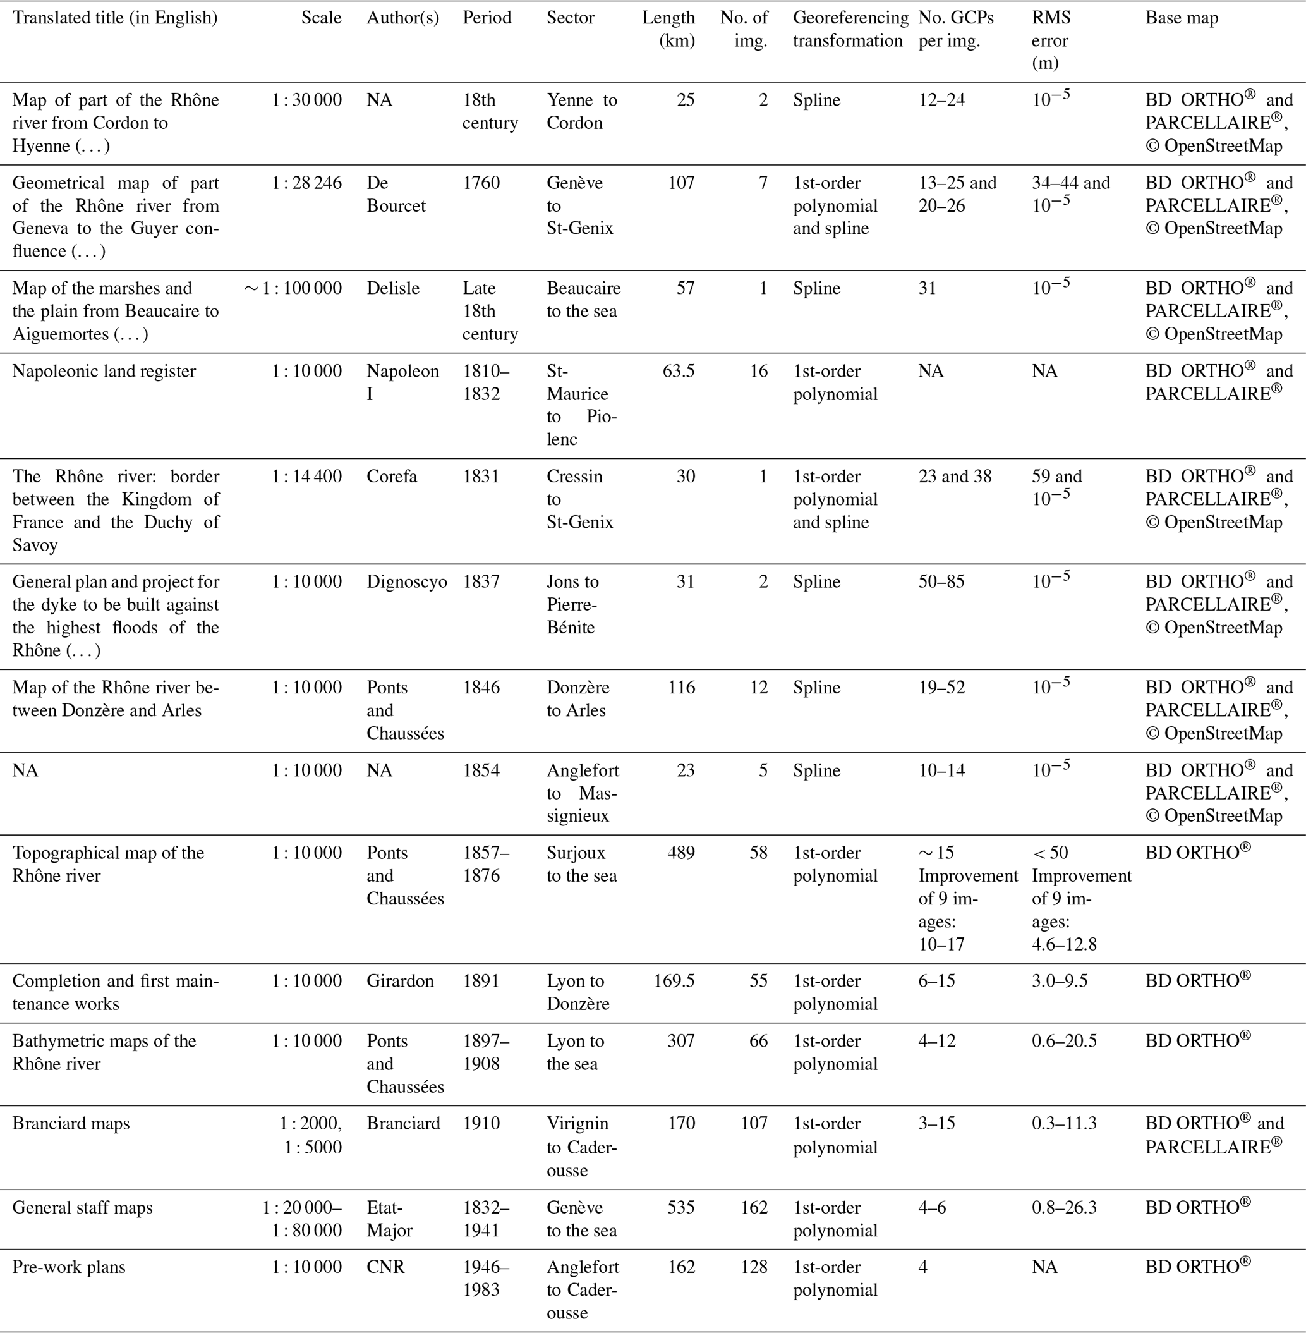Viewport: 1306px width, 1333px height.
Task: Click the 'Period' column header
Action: [x=487, y=18]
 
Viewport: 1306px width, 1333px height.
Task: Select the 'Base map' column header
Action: [x=1181, y=18]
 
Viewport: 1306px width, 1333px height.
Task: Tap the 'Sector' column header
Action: [x=570, y=18]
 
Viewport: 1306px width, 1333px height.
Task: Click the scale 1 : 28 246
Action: [x=306, y=183]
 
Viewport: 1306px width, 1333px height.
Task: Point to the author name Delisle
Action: [x=392, y=288]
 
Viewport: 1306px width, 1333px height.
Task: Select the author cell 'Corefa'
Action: [x=392, y=476]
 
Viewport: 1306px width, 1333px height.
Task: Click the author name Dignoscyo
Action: [x=406, y=581]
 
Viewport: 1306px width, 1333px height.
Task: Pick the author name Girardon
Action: [x=400, y=981]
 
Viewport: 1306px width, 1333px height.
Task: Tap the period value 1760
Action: [x=481, y=183]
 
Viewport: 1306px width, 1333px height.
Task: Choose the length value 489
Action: [x=680, y=853]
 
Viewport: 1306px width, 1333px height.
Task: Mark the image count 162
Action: [x=753, y=1207]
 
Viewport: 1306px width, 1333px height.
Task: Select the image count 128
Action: [x=753, y=1267]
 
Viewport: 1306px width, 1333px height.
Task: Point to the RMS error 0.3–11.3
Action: [x=1064, y=1123]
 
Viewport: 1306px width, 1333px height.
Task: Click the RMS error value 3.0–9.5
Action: [x=1059, y=981]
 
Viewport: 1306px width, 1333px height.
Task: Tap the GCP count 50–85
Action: [x=941, y=581]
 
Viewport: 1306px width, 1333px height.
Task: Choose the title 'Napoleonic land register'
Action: [x=104, y=371]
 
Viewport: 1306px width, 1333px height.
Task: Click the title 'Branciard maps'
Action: [x=71, y=1123]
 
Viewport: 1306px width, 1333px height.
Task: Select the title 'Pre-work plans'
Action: [x=69, y=1267]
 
